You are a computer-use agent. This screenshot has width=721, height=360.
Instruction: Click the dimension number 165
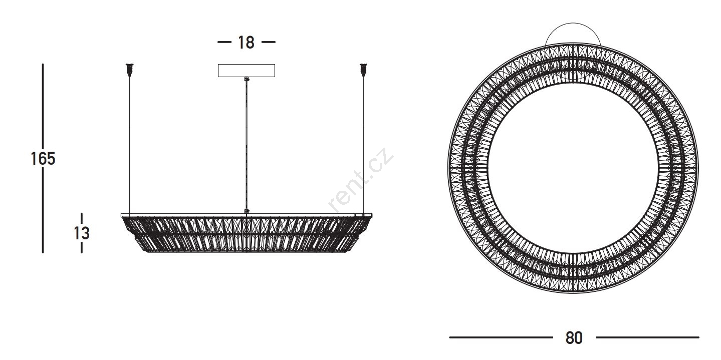click(43, 159)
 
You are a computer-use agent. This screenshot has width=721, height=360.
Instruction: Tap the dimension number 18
click(246, 43)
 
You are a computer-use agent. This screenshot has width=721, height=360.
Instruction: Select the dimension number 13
click(82, 233)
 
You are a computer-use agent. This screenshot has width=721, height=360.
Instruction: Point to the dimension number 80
click(574, 338)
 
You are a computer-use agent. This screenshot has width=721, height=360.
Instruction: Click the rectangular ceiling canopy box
click(247, 71)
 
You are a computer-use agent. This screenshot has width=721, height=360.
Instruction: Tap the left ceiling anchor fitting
click(129, 70)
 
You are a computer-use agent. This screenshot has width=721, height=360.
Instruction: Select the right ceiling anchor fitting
click(363, 70)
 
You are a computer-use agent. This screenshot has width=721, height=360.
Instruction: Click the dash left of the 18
click(224, 42)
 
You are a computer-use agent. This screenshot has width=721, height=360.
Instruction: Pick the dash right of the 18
click(269, 42)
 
